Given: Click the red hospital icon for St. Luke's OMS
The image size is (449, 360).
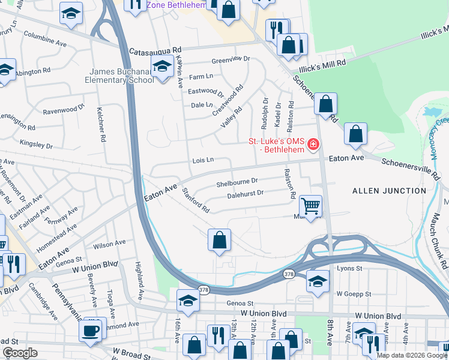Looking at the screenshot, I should pos(313,145).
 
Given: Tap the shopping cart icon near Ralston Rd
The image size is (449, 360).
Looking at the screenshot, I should pos(310,207).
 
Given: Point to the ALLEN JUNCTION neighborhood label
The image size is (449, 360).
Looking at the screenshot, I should pos(389,191).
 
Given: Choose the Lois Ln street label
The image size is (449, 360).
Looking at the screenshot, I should pos(203,160).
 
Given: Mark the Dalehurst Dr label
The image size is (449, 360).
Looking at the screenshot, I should pos(246,193).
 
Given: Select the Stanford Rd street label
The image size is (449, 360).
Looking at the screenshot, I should pos(196,201).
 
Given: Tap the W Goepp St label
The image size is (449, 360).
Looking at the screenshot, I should pos(355,294).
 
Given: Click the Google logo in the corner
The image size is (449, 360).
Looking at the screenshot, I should pos(20,353).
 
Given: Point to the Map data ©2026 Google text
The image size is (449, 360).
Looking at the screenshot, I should pos(412,355).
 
